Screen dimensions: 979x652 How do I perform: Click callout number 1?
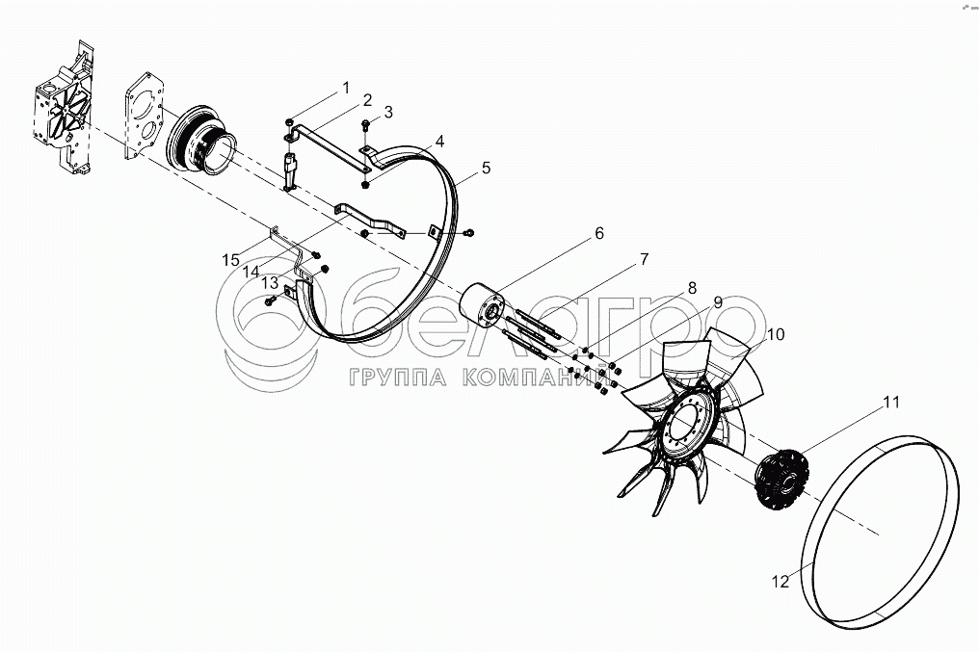pyautogui.click(x=346, y=88)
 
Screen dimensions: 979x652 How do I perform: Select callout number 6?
pyautogui.click(x=598, y=233)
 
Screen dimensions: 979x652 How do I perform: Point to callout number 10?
pyautogui.click(x=776, y=334)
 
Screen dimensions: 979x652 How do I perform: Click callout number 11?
pyautogui.click(x=891, y=403)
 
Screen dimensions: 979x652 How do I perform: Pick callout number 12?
pyautogui.click(x=781, y=582)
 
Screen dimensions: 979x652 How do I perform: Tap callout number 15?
pyautogui.click(x=231, y=260)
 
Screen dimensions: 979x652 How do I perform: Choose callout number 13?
pyautogui.click(x=270, y=283)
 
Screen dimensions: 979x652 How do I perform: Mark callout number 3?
pyautogui.click(x=388, y=113)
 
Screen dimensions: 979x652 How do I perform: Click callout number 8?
pyautogui.click(x=692, y=288)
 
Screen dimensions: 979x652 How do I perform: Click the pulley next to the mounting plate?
pyautogui.click(x=199, y=144)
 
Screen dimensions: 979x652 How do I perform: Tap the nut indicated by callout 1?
pyautogui.click(x=289, y=122)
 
